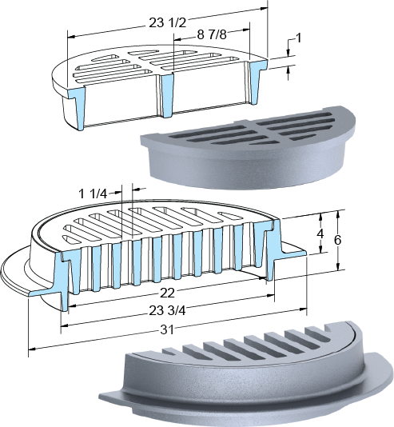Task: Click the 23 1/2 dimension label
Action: tap(167, 23)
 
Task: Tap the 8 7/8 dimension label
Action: tap(212, 34)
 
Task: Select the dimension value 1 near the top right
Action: tap(298, 38)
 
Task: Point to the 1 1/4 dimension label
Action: tap(92, 194)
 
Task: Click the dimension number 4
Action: tap(320, 233)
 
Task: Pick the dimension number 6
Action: tap(337, 240)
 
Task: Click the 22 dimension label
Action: tap(167, 293)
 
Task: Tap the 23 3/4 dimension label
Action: tap(167, 310)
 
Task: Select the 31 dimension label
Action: tap(166, 329)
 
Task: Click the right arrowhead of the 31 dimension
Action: tap(303, 309)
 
